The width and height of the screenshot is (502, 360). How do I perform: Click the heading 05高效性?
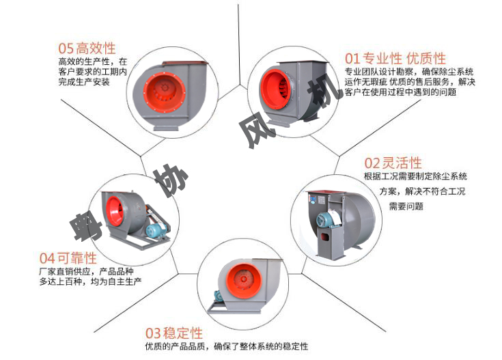[87, 49]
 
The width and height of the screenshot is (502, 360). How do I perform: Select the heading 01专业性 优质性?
[395, 57]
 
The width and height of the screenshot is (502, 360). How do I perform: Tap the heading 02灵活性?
[393, 163]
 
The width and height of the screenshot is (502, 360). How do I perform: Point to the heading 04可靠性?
[68, 258]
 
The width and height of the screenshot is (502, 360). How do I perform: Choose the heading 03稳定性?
[174, 333]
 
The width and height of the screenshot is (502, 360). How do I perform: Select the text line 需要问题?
[406, 205]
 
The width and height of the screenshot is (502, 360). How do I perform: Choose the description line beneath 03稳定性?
[226, 346]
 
